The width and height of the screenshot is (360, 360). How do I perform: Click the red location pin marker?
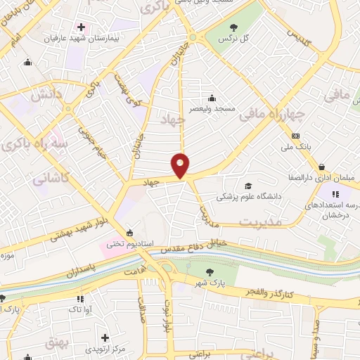click(181, 165)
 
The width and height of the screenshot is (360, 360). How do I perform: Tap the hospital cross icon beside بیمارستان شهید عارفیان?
click(82, 27)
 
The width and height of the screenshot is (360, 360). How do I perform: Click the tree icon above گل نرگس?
click(233, 27)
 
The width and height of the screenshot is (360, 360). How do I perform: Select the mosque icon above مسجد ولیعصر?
click(212, 98)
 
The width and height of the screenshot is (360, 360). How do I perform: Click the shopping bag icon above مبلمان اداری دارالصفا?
click(321, 167)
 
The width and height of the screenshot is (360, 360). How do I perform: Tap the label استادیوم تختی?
click(127, 244)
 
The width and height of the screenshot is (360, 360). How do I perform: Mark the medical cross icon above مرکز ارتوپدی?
click(105, 338)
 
